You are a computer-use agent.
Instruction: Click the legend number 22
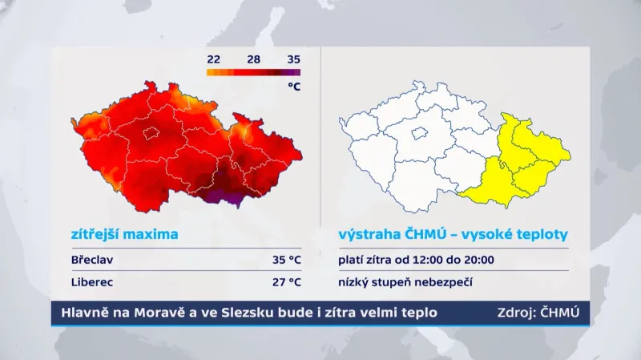(x=213, y=59)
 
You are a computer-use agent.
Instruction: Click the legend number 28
(x=253, y=59)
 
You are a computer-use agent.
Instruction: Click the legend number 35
(x=293, y=59)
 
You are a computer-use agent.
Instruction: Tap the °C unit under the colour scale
(x=293, y=87)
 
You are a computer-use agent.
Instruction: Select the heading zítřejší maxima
(x=124, y=235)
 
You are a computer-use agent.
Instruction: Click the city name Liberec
(x=91, y=282)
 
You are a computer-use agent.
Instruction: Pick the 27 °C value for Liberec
(x=286, y=282)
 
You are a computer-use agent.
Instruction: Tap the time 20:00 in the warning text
(x=478, y=260)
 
